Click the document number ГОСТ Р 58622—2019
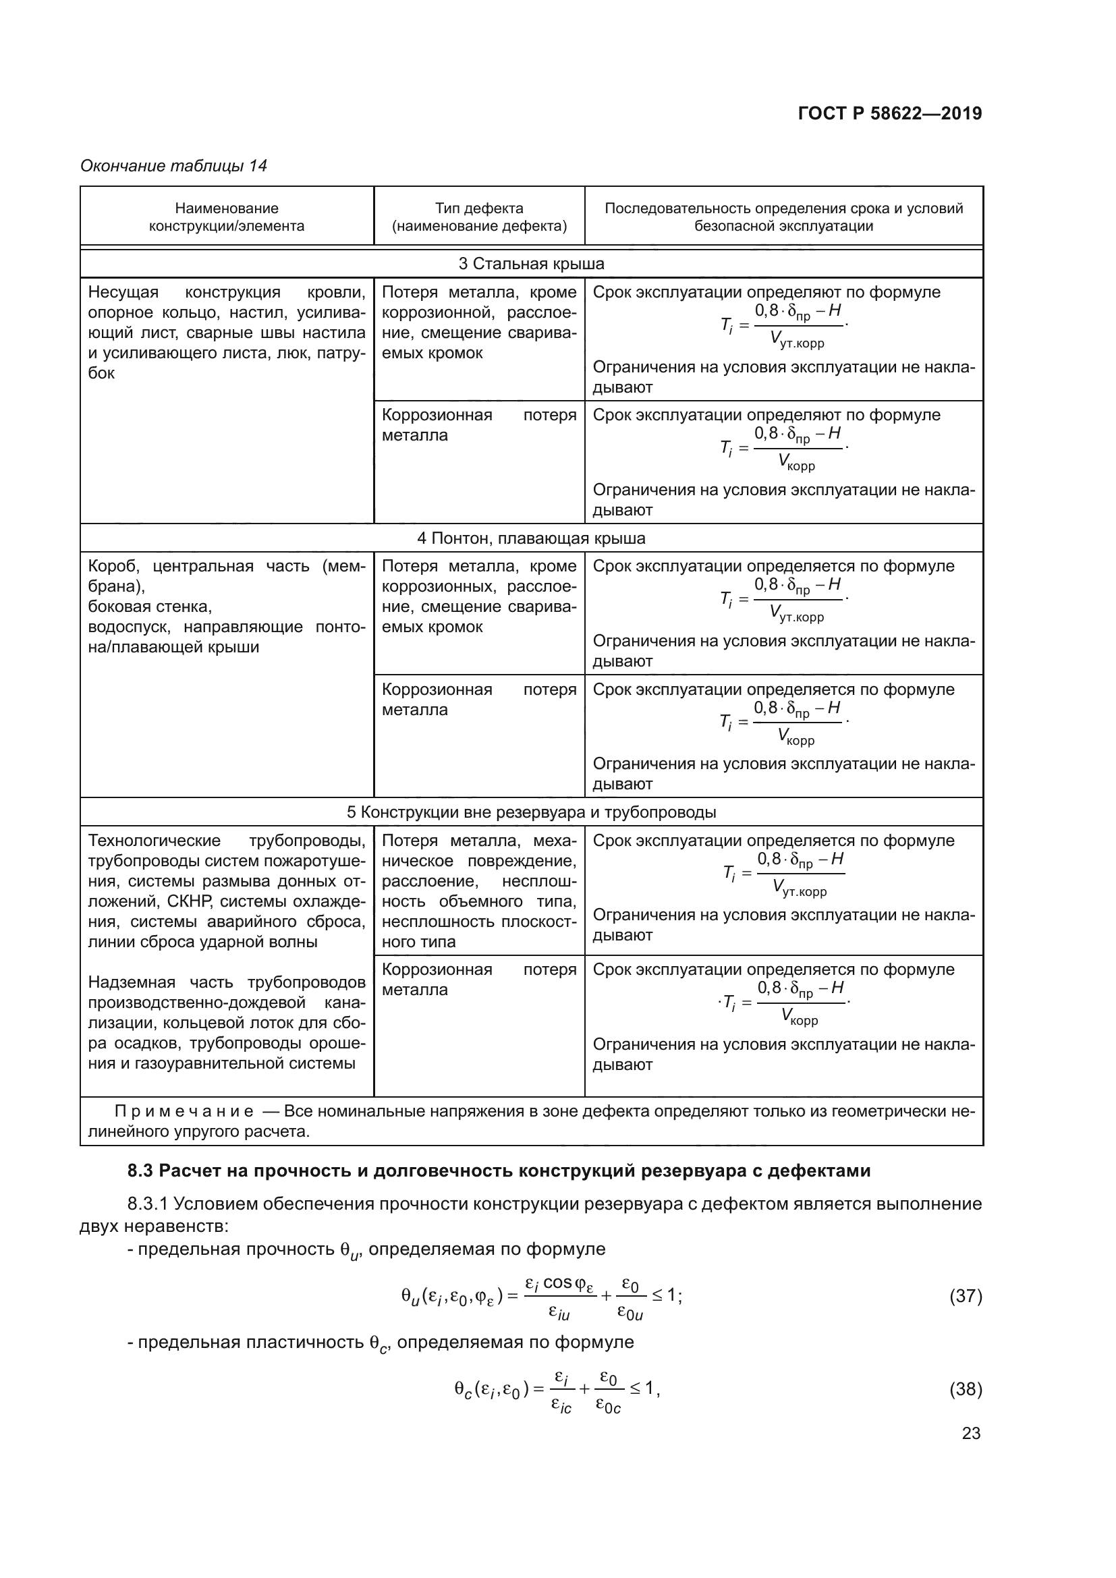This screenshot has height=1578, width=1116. click(x=890, y=114)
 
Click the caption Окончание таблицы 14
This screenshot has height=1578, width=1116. click(x=173, y=166)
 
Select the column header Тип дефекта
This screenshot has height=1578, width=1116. click(x=479, y=217)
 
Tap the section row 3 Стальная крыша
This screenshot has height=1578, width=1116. click(x=531, y=264)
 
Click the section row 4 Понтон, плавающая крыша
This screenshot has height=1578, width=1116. click(x=531, y=538)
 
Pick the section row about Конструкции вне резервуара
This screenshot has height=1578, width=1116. click(x=531, y=812)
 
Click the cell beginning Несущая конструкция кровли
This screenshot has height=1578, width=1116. click(x=226, y=333)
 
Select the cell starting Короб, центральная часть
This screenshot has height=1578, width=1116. click(x=226, y=607)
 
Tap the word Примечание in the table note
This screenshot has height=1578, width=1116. click(x=184, y=1111)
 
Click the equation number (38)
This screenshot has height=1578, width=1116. click(x=965, y=1389)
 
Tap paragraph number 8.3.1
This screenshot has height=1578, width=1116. click(x=148, y=1204)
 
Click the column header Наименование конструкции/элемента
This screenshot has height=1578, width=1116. click(x=226, y=217)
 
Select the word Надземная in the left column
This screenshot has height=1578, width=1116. click(x=132, y=982)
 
